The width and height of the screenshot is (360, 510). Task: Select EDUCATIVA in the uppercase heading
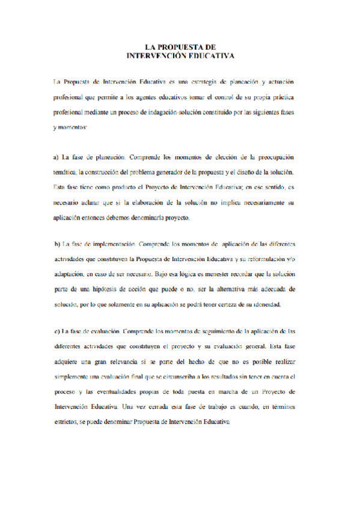click(210, 55)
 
